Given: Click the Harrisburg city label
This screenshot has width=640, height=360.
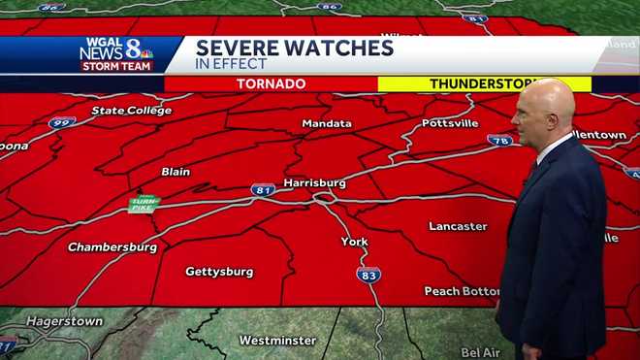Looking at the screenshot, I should [314, 181].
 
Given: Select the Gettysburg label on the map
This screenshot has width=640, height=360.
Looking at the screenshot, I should [219, 272].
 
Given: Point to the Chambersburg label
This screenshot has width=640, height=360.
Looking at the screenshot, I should [112, 247].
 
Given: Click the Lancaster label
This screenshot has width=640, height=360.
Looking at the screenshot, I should [458, 226].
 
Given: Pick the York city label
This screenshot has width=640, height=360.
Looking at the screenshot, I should [354, 242].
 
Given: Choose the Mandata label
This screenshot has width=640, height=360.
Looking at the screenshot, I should [327, 124].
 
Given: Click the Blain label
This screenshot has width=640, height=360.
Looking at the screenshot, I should [176, 172].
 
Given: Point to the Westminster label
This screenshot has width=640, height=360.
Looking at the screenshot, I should [277, 341].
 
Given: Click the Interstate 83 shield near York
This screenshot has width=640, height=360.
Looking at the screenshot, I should [368, 275].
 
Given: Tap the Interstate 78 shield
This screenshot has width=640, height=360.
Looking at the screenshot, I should [499, 141].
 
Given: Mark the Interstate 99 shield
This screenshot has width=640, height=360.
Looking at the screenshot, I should [61, 122].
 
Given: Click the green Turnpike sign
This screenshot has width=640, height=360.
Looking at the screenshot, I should [143, 204].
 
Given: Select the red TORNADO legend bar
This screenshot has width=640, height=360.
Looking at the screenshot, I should [271, 84].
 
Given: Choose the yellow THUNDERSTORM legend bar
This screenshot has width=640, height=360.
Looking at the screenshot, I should [484, 84].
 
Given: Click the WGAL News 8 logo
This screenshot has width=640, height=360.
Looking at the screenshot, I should [116, 54].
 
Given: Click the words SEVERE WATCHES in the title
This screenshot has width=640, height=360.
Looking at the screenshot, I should [295, 47].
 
